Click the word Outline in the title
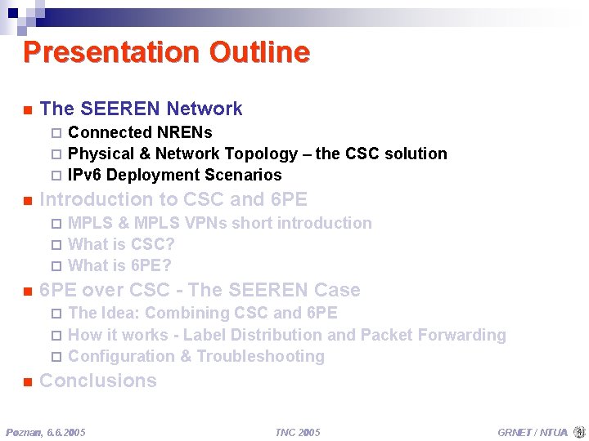(259, 52)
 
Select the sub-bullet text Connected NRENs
(140, 132)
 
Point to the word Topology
(268, 154)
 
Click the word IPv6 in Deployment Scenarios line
(85, 175)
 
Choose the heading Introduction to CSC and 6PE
(173, 199)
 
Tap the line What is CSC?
(121, 244)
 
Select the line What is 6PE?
(119, 265)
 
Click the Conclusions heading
(98, 381)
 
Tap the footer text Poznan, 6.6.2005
(46, 432)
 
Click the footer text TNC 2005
(297, 432)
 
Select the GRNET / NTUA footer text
(532, 432)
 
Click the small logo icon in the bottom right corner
(579, 431)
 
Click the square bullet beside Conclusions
(27, 381)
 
